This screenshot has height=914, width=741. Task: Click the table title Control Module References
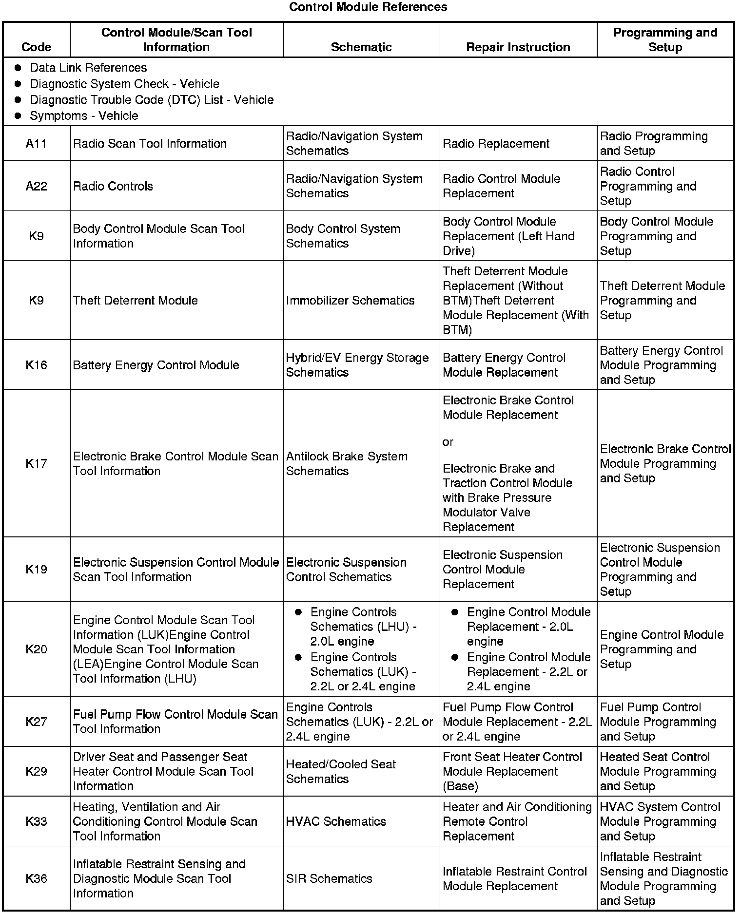[368, 7]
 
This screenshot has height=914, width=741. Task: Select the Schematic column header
[361, 47]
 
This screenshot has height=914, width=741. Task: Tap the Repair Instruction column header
[518, 47]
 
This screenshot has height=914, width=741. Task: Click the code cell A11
[37, 144]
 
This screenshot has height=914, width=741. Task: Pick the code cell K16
[37, 365]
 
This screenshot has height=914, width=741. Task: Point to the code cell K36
[37, 878]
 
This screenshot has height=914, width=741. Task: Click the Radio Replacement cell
[496, 144]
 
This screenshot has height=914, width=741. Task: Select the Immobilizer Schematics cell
[350, 301]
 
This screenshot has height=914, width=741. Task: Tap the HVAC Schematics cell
[336, 821]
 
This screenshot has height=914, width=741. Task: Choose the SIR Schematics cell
[329, 878]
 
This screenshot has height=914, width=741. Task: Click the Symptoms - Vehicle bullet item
[84, 116]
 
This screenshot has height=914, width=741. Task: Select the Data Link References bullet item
[88, 68]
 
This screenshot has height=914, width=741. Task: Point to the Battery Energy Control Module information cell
[156, 365]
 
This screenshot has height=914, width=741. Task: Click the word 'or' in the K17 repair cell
[448, 442]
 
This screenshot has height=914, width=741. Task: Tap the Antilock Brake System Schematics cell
[347, 464]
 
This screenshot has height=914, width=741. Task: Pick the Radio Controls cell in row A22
[113, 186]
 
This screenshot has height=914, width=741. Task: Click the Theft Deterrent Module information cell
[136, 301]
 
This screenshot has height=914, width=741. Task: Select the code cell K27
[37, 722]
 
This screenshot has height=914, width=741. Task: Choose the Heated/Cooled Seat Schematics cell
[341, 772]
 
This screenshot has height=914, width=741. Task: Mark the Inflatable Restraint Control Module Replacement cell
[515, 878]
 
